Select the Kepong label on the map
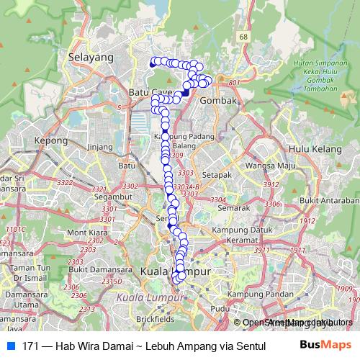pyautogui.click(x=50, y=141)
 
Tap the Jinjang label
pyautogui.click(x=101, y=147)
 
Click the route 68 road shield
pyautogui.click(x=244, y=37)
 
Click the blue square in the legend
pyautogui.click(x=12, y=346)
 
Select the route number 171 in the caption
pyautogui.click(x=31, y=346)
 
